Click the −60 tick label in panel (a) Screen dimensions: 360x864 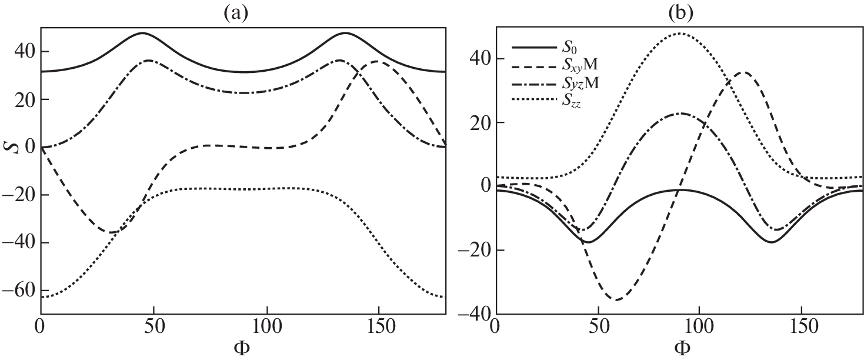point(21,291)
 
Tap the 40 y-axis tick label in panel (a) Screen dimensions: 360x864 point(26,52)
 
